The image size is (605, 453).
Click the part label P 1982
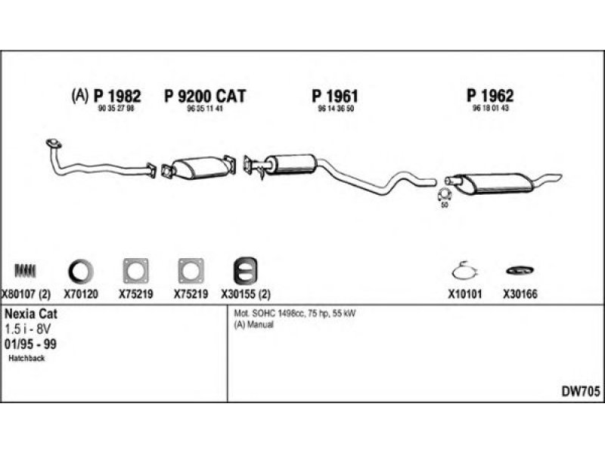click(x=116, y=96)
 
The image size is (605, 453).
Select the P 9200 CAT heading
click(x=205, y=96)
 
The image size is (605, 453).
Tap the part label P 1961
click(x=334, y=96)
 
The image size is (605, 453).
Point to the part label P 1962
click(x=490, y=96)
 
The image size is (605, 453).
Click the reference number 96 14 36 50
click(x=335, y=109)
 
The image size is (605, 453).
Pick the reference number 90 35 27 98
click(x=116, y=109)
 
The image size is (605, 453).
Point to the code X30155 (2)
click(x=246, y=295)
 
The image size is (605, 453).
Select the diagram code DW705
click(x=579, y=392)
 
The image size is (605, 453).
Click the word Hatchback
click(x=28, y=358)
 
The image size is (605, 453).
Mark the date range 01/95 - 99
click(x=30, y=344)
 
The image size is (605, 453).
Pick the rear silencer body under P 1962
click(x=496, y=182)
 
